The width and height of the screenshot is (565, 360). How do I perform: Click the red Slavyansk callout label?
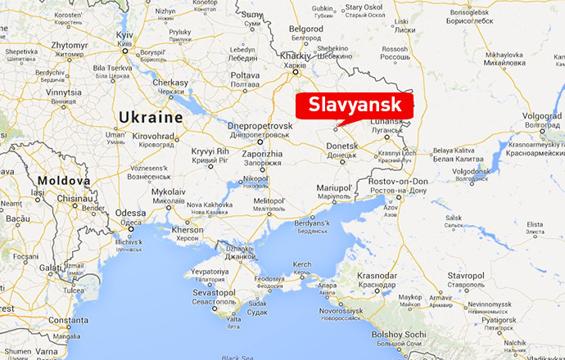coord(355,106)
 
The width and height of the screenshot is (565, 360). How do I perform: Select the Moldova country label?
coord(62,180)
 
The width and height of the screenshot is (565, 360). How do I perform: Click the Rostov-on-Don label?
coord(398,181)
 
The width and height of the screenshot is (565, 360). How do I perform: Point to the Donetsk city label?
coord(343,146)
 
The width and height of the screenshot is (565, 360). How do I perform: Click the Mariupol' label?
coord(332,188)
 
